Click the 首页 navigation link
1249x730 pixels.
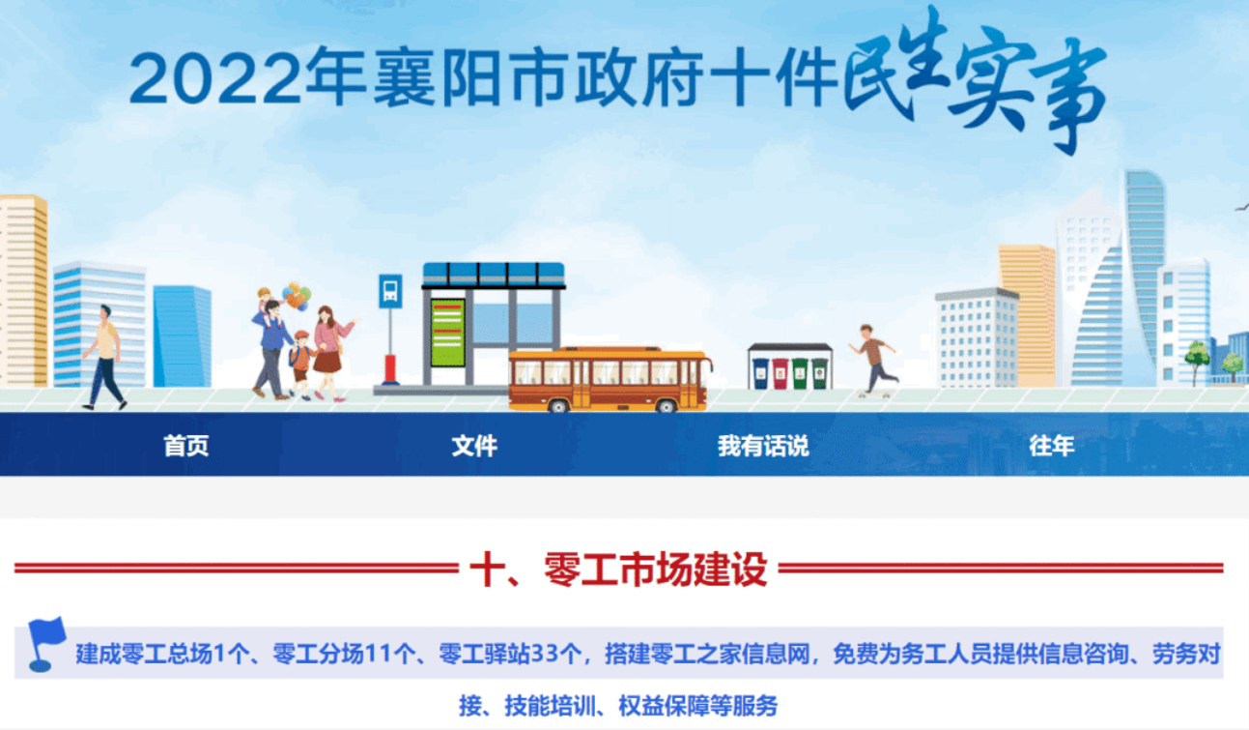pyautogui.click(x=186, y=446)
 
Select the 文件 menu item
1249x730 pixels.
pyautogui.click(x=474, y=446)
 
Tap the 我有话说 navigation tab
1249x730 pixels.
pyautogui.click(x=763, y=446)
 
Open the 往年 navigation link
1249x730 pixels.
pyautogui.click(x=1052, y=446)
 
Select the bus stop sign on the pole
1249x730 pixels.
pyautogui.click(x=390, y=291)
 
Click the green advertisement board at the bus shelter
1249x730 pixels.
pyautogui.click(x=447, y=333)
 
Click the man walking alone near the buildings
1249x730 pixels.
pyautogui.click(x=104, y=357)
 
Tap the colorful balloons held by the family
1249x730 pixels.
pyautogui.click(x=297, y=296)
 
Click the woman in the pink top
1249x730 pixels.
pyautogui.click(x=331, y=353)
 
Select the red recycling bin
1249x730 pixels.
pyautogui.click(x=781, y=373)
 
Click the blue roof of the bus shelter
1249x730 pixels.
pyautogui.click(x=494, y=276)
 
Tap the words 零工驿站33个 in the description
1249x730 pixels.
pyautogui.click(x=511, y=654)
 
